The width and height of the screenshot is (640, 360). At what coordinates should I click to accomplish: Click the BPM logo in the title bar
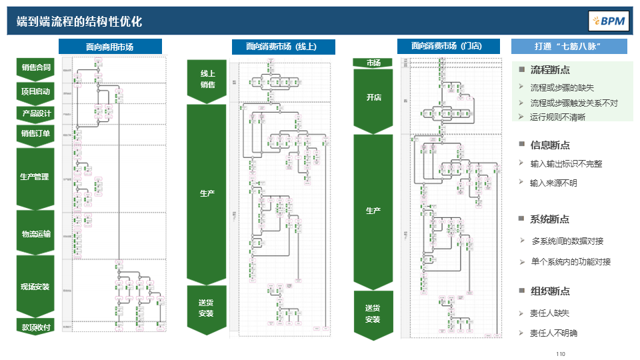(607, 21)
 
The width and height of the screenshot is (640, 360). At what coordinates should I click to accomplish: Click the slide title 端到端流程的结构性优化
(79, 21)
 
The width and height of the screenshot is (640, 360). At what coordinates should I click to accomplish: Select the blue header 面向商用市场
(110, 47)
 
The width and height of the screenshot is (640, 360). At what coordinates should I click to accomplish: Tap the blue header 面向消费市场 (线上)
(283, 47)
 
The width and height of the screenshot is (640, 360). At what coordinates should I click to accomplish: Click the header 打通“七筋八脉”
(569, 47)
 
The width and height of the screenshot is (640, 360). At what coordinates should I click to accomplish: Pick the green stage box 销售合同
(36, 67)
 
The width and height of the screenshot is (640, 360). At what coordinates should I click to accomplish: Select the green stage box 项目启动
(36, 91)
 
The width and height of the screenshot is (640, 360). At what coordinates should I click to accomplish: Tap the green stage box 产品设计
(36, 113)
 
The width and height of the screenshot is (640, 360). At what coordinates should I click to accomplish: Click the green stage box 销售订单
(36, 133)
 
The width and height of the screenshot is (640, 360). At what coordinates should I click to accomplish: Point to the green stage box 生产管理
(35, 177)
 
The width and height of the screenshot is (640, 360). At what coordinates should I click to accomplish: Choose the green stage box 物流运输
(36, 233)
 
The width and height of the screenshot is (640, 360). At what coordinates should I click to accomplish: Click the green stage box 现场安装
(35, 287)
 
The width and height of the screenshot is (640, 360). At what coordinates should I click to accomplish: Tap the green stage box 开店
(373, 98)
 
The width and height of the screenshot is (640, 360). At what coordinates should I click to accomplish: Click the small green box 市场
(373, 63)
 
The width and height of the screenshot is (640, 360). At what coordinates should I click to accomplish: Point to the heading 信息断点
(549, 145)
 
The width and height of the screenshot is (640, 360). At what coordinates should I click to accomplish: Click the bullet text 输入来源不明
(553, 183)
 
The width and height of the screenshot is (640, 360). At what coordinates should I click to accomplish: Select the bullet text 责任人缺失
(549, 313)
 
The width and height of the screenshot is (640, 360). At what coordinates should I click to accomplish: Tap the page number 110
(560, 353)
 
